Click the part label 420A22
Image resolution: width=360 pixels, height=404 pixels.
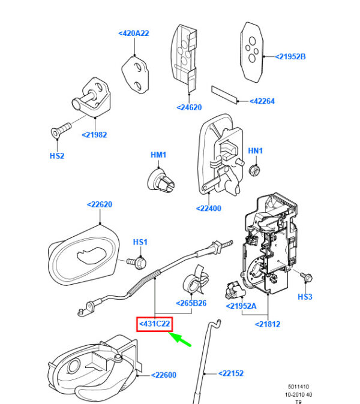pos(134,33)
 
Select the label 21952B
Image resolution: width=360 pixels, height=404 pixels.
pos(290,57)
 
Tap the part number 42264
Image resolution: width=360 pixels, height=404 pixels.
pos(262,101)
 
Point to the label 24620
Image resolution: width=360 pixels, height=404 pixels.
pos(189,107)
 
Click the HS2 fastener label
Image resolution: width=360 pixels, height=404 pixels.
pos(57,156)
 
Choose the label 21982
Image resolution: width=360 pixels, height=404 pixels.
pos(94,135)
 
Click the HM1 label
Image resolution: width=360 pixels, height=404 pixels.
pos(158,155)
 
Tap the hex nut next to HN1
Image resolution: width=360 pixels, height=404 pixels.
pos(254,170)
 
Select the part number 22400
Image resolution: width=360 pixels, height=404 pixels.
pos(209,208)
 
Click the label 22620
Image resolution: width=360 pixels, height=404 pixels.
pos(100,204)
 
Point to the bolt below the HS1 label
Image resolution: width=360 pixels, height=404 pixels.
pos(137,263)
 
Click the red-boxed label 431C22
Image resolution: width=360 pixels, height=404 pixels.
pos(154,324)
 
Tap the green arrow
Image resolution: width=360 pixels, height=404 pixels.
pos(180,339)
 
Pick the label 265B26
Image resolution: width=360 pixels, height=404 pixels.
pos(191,303)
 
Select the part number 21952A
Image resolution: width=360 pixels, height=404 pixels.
pos(241,306)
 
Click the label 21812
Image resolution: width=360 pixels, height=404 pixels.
pos(268,324)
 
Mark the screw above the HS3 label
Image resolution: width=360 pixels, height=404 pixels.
pos(307,277)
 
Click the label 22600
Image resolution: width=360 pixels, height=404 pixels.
pos(164,375)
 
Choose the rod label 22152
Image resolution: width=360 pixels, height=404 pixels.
pos(231,373)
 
